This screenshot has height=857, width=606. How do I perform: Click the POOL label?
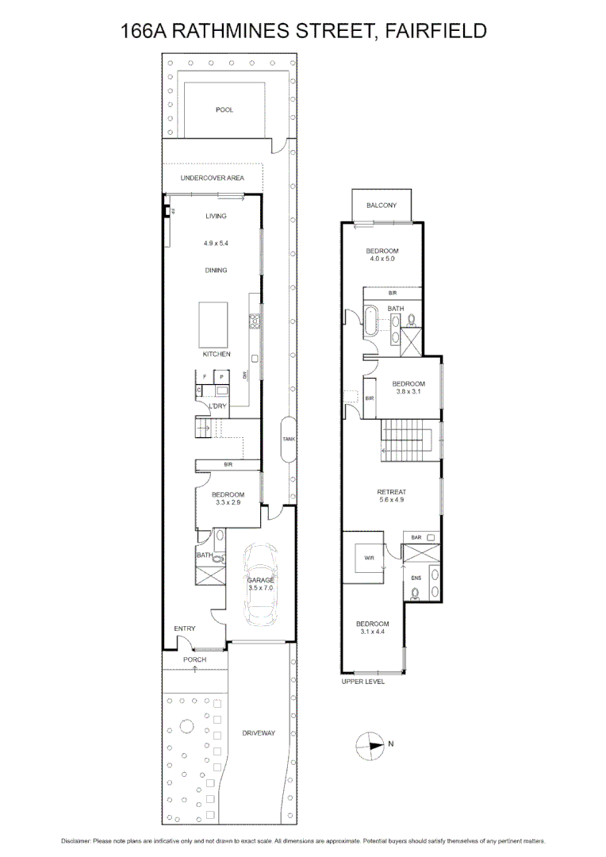point(224,110)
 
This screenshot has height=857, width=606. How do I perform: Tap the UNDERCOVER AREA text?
point(212,178)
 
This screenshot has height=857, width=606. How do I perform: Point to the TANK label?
point(288,438)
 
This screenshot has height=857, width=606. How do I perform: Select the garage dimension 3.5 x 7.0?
point(260,589)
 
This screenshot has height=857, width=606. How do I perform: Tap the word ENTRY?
point(185,629)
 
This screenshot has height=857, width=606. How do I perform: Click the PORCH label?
point(194,659)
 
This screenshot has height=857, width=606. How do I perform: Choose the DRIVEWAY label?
point(259,733)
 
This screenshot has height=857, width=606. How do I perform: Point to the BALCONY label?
point(382,206)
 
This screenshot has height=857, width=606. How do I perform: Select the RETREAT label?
point(391,492)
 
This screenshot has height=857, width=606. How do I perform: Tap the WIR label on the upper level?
point(368,558)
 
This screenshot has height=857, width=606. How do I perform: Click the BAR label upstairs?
point(416,538)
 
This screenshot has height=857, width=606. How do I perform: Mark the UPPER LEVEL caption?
point(362,682)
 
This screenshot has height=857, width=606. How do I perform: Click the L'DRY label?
point(218,405)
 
